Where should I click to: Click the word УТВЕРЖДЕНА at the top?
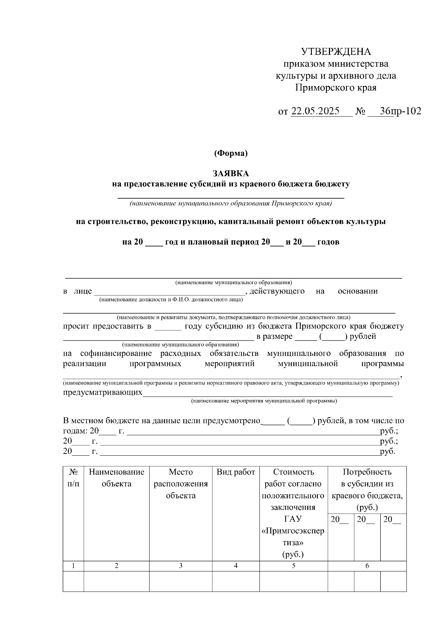click(336, 51)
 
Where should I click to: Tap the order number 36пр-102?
click(401, 111)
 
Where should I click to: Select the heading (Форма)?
click(231, 153)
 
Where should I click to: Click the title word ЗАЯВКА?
click(231, 173)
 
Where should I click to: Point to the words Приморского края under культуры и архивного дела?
click(336, 88)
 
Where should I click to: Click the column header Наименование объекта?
click(116, 478)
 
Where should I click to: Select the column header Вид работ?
click(236, 472)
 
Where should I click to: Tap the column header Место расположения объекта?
click(180, 484)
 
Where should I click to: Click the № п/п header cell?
click(73, 478)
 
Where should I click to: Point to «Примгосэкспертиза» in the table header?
click(293, 537)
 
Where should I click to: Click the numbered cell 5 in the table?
click(293, 566)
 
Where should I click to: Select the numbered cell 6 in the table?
click(367, 566)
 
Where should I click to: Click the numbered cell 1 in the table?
click(73, 566)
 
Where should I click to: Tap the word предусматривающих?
click(103, 392)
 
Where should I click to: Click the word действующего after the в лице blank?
click(277, 291)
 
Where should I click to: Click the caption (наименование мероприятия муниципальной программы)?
click(263, 401)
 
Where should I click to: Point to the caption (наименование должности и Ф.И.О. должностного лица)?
click(171, 300)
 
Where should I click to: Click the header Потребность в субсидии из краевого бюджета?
click(367, 489)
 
